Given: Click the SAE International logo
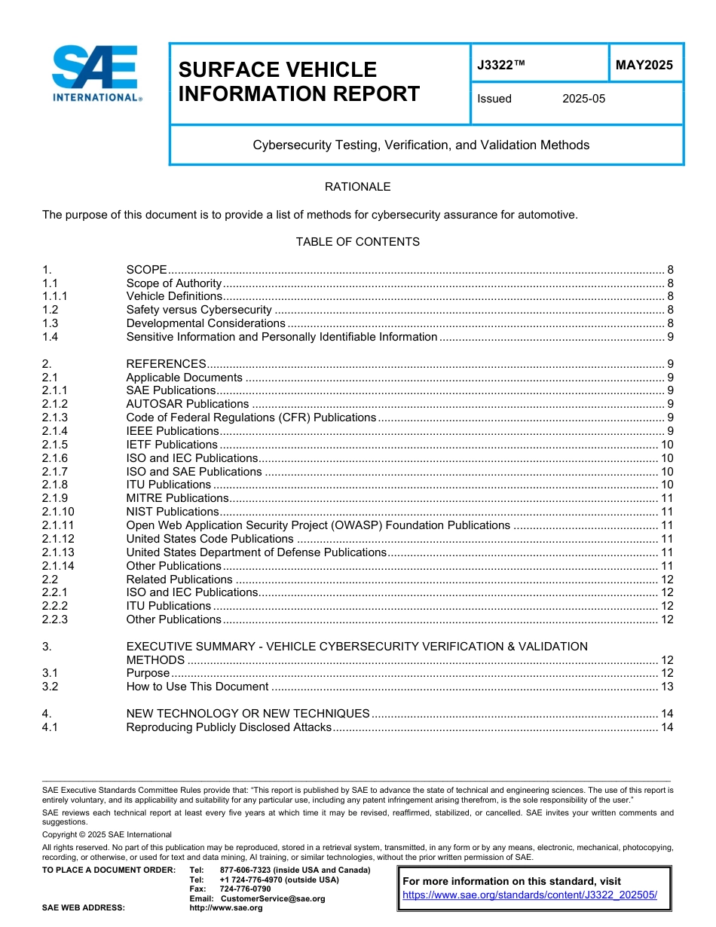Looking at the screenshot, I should tap(96, 73).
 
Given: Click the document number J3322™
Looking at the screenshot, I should tap(500, 66).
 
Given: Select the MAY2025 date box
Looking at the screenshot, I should tap(644, 66).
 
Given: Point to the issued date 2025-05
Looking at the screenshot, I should tap(583, 99).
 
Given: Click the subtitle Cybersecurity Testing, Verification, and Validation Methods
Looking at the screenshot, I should tap(421, 145).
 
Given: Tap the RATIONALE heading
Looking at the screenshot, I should tap(357, 187).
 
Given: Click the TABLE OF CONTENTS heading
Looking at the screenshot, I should tap(357, 242).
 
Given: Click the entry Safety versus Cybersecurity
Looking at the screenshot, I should tap(199, 310).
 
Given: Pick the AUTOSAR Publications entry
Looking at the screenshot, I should tap(187, 404).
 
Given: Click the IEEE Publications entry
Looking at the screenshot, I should tap(173, 431).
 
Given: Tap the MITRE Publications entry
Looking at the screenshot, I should tap(177, 498).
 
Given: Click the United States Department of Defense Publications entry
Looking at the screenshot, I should tap(255, 552).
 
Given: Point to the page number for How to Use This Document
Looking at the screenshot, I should tap(666, 687).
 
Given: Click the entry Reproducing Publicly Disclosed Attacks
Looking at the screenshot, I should tap(228, 727).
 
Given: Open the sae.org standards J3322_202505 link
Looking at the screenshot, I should tap(530, 895).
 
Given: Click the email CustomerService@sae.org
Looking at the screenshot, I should tap(272, 898).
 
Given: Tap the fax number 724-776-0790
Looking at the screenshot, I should tap(245, 889).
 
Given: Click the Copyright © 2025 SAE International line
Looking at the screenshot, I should tap(107, 834).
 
